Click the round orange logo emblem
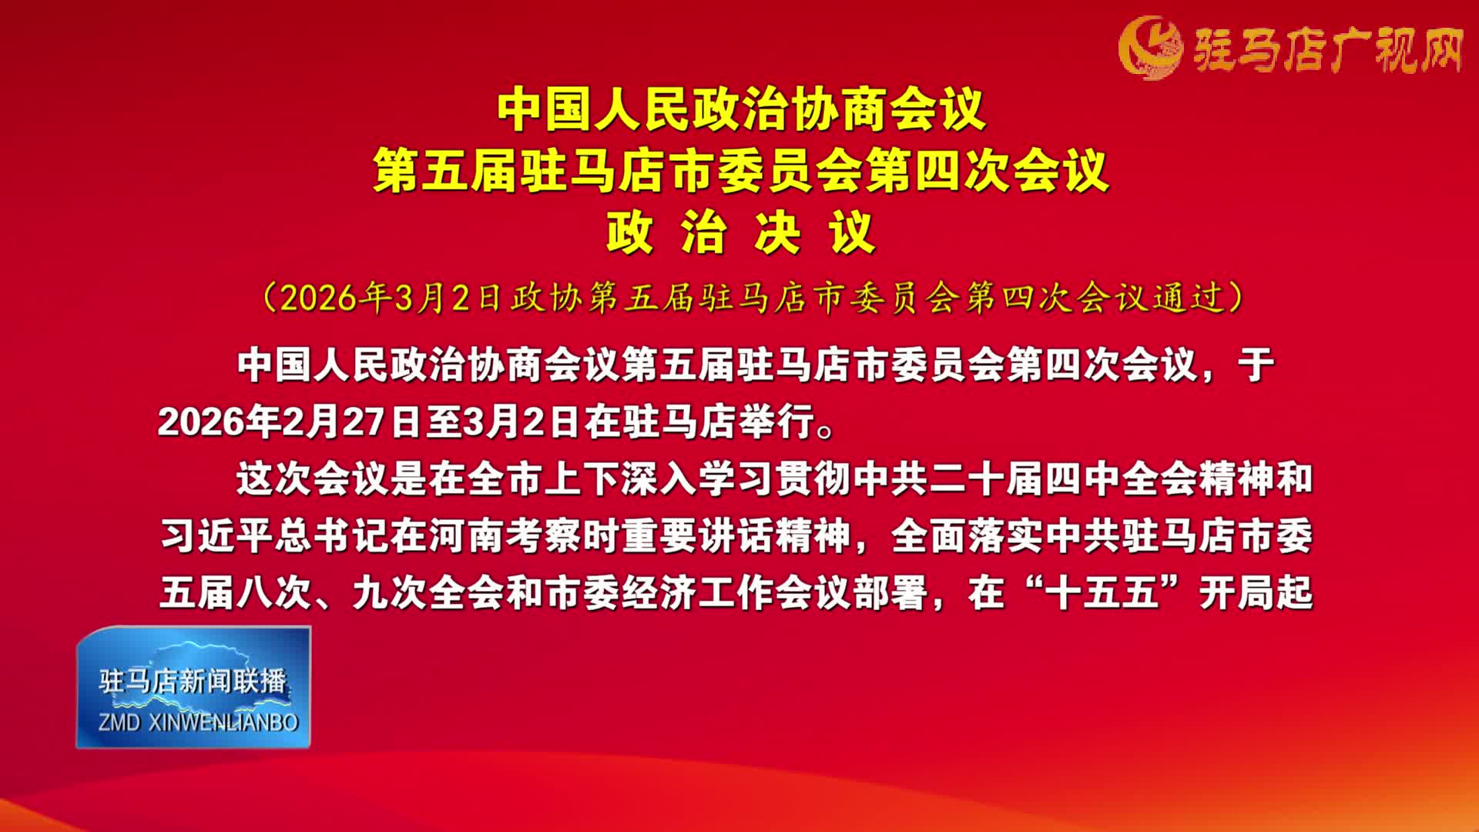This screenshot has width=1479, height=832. tap(1150, 48)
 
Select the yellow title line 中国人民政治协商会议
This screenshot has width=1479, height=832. tap(741, 110)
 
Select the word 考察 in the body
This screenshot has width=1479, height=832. tap(543, 535)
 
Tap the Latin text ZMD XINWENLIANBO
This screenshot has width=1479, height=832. tap(198, 722)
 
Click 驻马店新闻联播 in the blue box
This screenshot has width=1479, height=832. tap(193, 681)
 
